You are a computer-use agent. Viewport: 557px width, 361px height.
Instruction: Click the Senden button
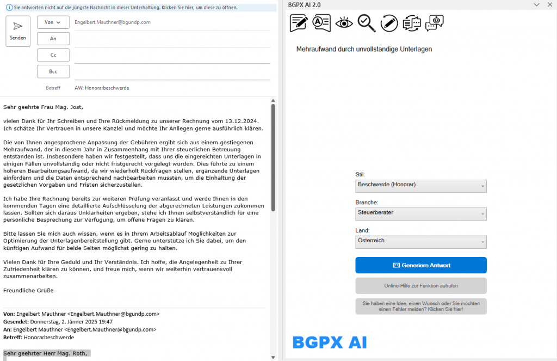(18, 31)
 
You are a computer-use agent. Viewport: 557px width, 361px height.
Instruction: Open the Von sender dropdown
(53, 22)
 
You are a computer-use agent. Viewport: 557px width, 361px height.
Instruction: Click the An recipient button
(53, 39)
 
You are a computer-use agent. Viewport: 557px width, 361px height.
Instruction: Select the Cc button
(53, 55)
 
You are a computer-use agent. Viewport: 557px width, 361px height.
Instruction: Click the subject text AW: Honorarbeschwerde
(102, 88)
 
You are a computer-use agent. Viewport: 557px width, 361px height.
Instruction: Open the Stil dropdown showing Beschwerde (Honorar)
(420, 186)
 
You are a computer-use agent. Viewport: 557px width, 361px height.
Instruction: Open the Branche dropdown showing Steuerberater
(420, 213)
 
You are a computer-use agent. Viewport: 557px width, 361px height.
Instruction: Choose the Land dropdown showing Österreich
(420, 241)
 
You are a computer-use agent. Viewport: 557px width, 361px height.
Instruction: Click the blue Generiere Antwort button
(420, 265)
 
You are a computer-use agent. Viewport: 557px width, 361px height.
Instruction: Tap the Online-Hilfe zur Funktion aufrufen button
(420, 285)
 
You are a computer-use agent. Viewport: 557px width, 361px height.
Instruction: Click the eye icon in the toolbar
(344, 22)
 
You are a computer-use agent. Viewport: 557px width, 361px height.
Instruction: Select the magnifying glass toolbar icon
(367, 22)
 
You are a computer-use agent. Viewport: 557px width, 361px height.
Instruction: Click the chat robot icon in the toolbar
(434, 22)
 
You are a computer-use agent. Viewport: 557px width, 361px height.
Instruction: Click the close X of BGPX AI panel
(549, 5)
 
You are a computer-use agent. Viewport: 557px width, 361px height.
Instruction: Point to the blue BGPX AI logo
(330, 342)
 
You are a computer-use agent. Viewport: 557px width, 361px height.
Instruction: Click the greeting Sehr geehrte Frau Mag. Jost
(44, 107)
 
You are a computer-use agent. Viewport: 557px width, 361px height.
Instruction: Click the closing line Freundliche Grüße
(28, 290)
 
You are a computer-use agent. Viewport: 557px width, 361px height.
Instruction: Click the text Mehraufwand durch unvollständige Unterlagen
(364, 49)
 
